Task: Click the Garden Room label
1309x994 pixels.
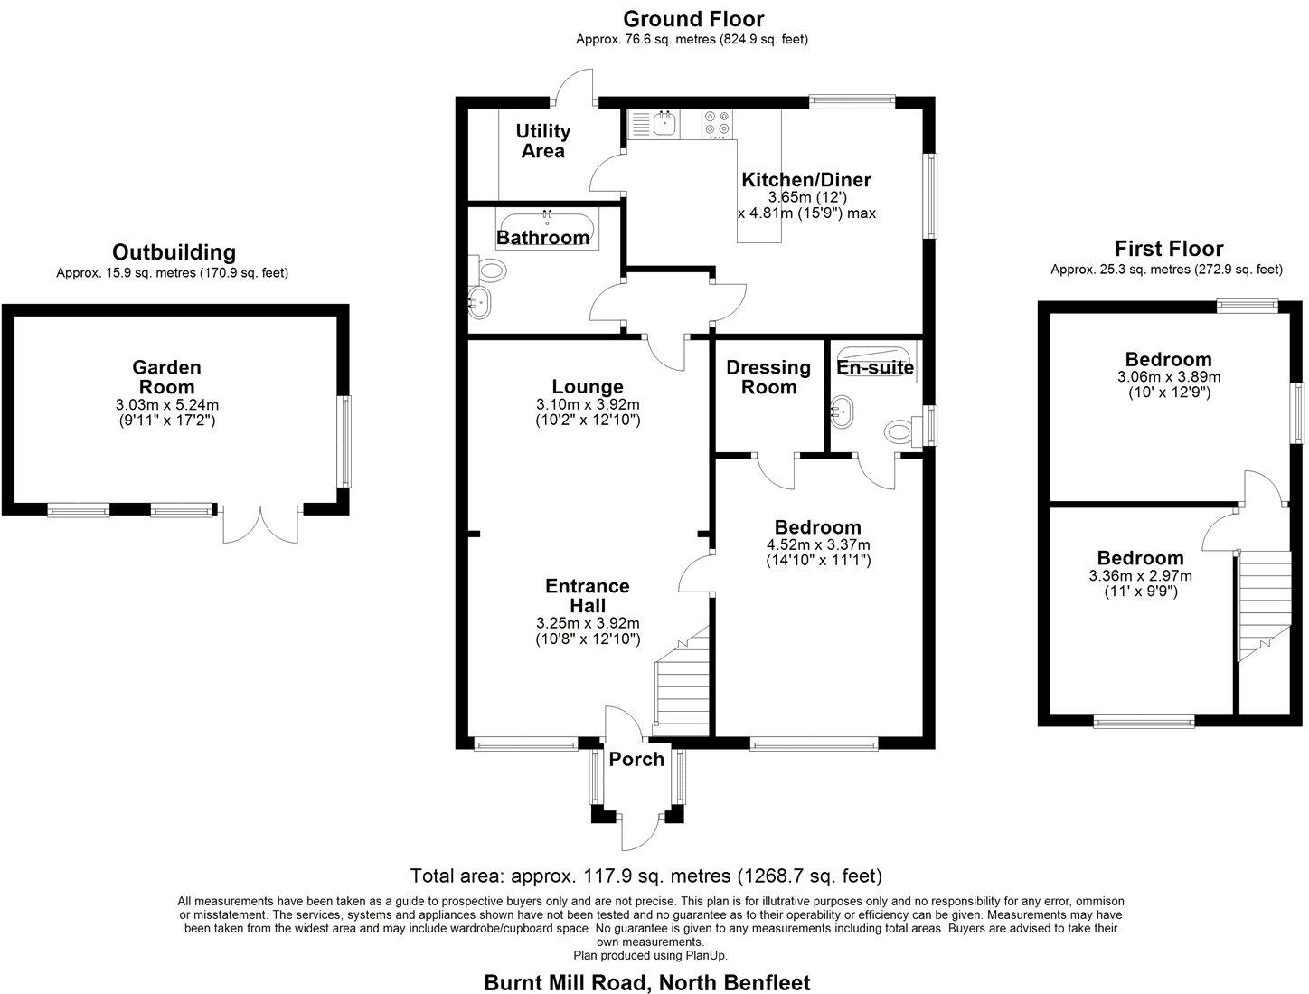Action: click(166, 377)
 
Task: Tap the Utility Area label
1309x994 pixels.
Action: click(542, 141)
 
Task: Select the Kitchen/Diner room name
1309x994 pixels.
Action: click(805, 179)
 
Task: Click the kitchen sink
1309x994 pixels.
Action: click(664, 124)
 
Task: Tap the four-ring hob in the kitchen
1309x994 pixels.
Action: click(719, 124)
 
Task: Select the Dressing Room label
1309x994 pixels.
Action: click(768, 377)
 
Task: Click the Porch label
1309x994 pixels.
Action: click(636, 759)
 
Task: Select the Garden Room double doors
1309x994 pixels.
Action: click(260, 525)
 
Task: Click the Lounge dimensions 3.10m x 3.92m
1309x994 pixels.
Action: click(588, 404)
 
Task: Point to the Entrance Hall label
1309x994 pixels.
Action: click(588, 595)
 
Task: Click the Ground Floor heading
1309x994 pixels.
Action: click(693, 18)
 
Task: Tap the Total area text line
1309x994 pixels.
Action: click(645, 876)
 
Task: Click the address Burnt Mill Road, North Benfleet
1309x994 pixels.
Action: click(647, 982)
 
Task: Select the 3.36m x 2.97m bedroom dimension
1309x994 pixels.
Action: click(1140, 576)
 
